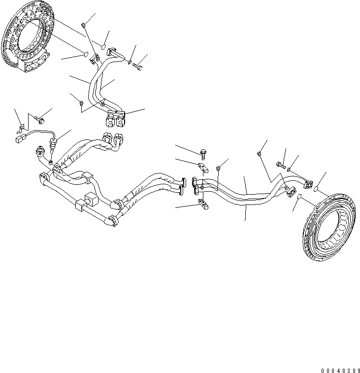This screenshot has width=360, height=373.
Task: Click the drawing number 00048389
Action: (338, 369)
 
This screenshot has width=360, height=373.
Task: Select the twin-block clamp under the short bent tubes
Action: (115, 118)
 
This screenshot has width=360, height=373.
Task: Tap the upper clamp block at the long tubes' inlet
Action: (201, 166)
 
